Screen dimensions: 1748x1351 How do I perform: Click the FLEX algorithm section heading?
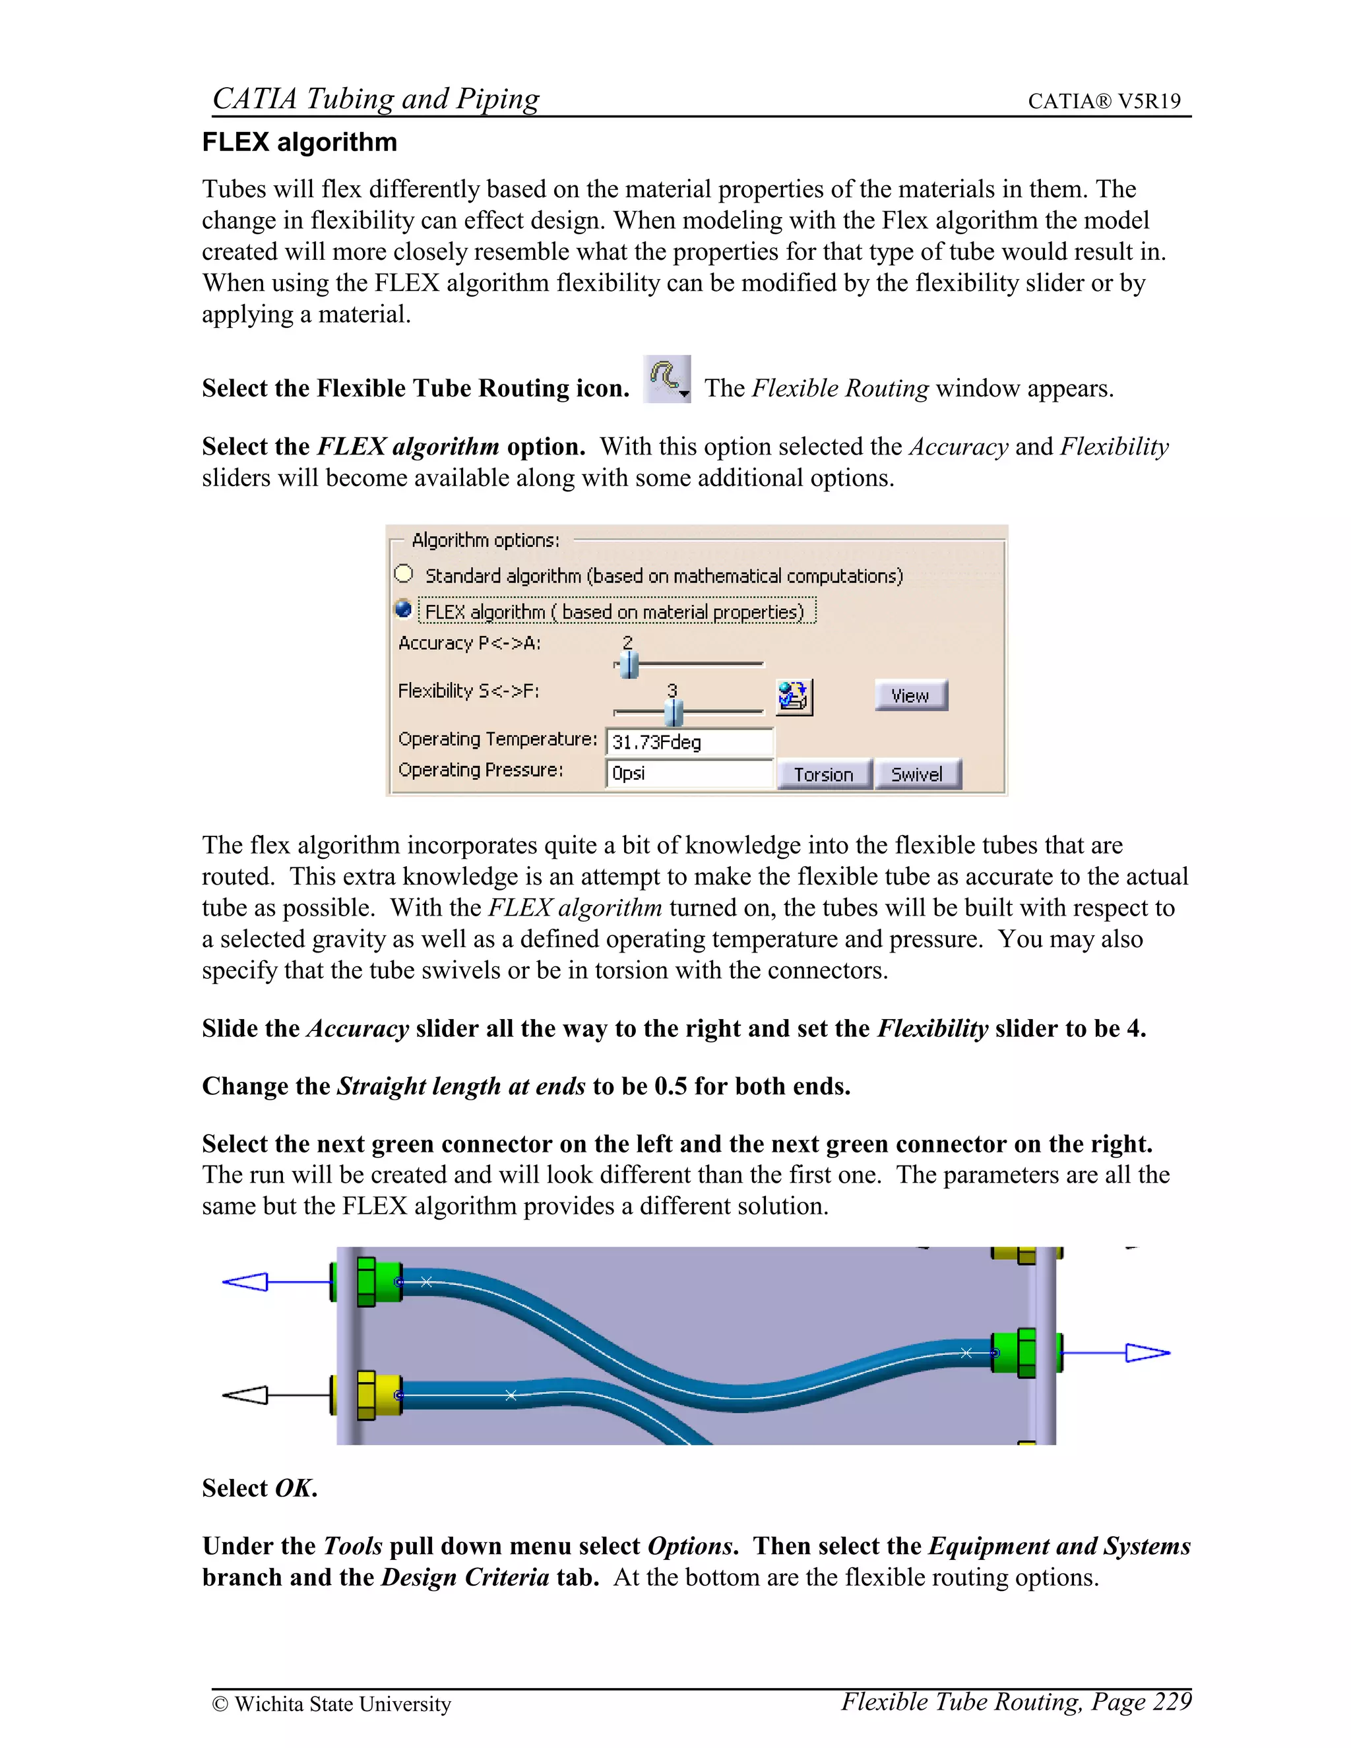299,142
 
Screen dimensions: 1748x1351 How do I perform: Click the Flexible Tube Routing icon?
667,379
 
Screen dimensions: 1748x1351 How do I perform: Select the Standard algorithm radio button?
404,575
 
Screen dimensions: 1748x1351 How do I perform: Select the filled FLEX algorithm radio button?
404,610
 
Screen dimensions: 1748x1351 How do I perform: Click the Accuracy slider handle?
629,664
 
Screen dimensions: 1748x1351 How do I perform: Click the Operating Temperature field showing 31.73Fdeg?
689,742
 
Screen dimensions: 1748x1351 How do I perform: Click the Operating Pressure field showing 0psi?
689,773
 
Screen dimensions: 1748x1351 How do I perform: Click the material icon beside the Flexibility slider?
793,697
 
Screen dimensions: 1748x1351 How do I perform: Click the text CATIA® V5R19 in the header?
1104,101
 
